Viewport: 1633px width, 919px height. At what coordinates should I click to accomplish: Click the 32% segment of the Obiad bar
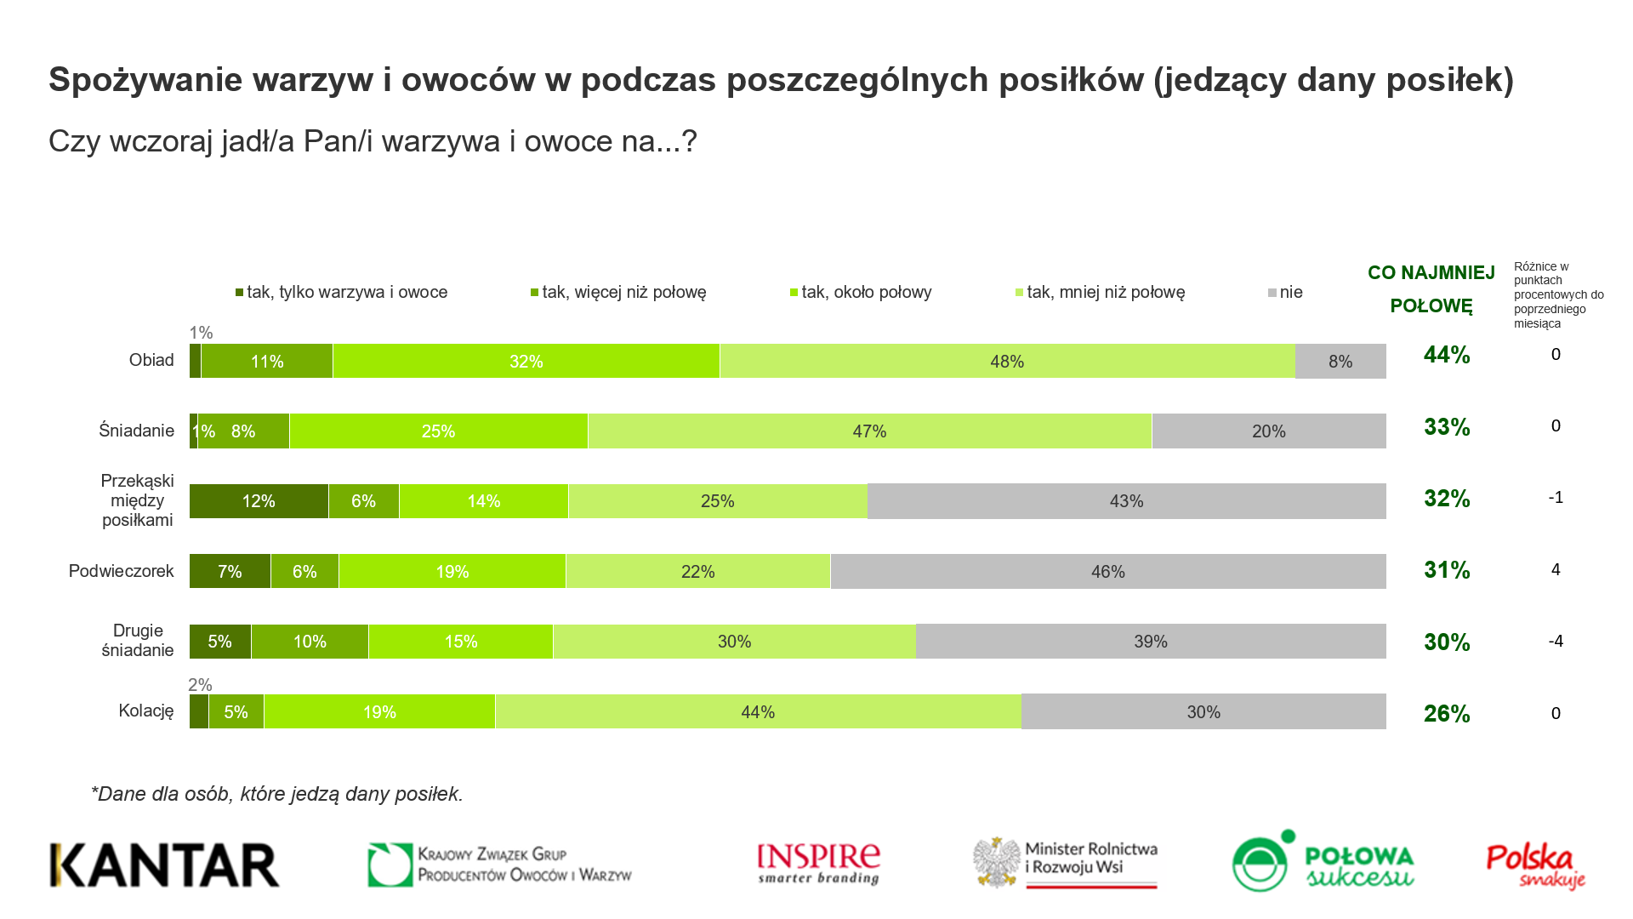coord(526,362)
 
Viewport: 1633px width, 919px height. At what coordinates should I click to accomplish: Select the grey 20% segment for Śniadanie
coord(1268,431)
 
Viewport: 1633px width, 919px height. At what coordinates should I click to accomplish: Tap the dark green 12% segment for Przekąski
coord(259,501)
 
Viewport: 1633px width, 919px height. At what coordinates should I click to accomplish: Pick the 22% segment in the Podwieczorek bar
coord(697,572)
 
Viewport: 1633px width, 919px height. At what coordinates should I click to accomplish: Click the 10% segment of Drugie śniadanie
coord(310,642)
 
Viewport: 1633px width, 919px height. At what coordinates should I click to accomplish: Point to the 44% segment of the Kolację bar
coord(758,712)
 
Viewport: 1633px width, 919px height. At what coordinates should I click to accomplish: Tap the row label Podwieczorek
coord(121,571)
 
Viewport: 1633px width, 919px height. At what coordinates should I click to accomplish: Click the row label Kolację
coord(146,711)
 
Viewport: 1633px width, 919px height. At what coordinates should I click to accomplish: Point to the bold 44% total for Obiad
coord(1447,355)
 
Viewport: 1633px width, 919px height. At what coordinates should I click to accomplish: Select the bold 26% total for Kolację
coord(1447,714)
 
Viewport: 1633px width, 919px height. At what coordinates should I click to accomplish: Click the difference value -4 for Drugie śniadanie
coord(1556,642)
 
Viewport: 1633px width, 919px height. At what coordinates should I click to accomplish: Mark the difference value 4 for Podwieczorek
coord(1556,570)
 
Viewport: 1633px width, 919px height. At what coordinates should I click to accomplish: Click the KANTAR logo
coord(165,865)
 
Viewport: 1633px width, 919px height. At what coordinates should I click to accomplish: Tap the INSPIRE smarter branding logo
coord(818,865)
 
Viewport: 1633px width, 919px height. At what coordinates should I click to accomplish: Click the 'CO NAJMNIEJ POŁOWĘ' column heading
coord(1431,289)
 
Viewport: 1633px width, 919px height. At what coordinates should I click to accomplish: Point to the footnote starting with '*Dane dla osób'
coord(277,794)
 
